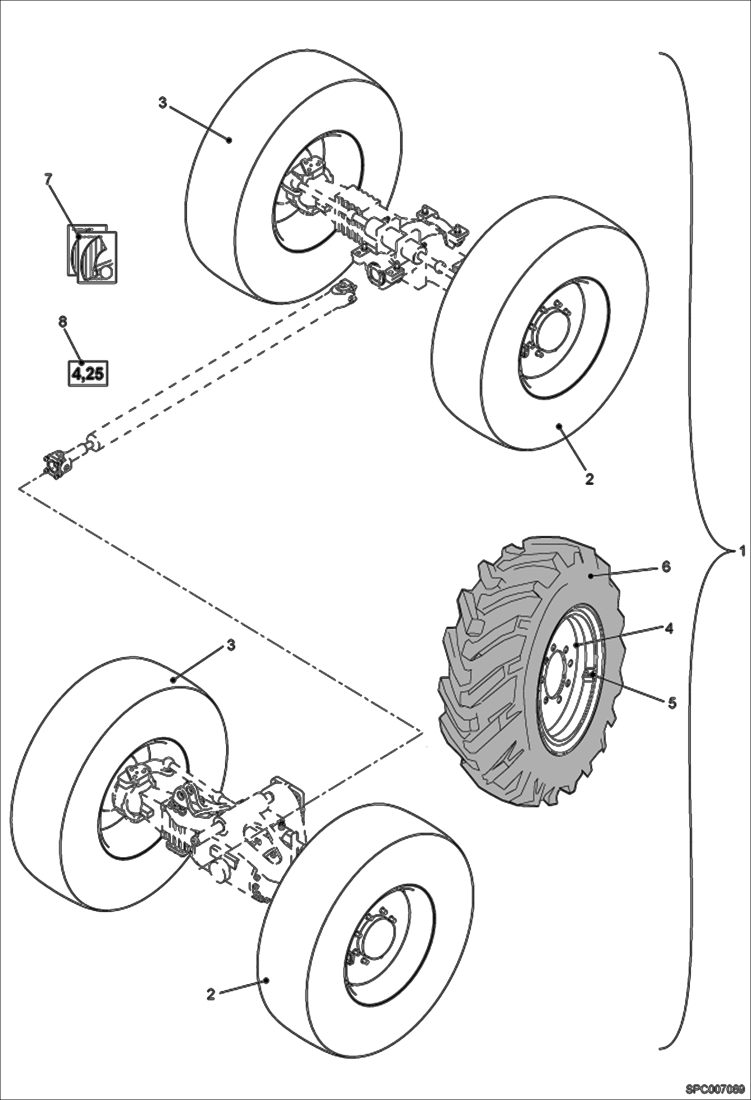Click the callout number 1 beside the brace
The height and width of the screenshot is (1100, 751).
[741, 552]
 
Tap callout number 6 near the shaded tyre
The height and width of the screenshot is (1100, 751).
[666, 567]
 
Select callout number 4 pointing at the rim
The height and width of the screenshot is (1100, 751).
[669, 629]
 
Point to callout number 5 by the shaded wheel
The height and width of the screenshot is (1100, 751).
[672, 703]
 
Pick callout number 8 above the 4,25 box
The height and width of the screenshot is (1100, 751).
[62, 322]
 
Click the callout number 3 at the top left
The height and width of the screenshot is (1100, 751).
[162, 103]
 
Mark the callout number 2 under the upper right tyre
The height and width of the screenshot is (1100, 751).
[589, 479]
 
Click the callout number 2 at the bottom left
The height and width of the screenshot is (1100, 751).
[211, 994]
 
